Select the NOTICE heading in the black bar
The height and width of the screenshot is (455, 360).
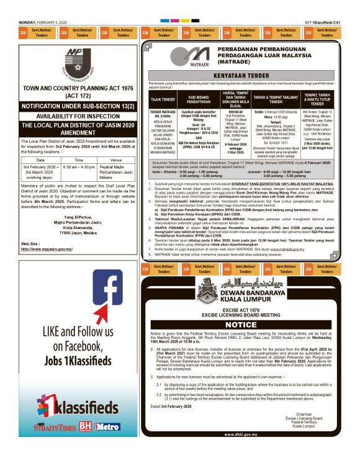click(244, 325)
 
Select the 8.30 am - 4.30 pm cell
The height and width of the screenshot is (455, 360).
click(79, 167)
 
